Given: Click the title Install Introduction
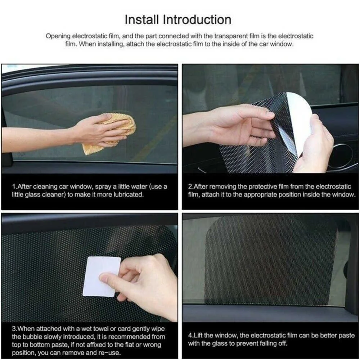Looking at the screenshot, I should (x=178, y=19).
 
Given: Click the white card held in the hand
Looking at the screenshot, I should (x=101, y=276).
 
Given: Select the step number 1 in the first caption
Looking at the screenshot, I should (x=14, y=187).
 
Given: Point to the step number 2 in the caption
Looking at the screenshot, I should (x=190, y=187).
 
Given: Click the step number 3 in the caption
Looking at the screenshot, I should (x=14, y=328).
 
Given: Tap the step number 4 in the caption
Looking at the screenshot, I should (x=190, y=335).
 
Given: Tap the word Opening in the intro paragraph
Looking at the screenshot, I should (x=58, y=36).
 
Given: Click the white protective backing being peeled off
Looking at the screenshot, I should (x=300, y=119).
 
